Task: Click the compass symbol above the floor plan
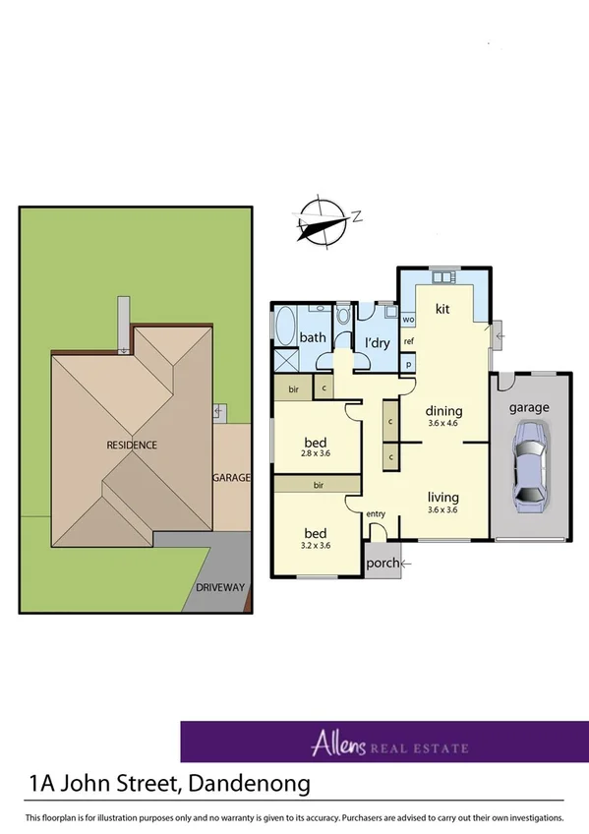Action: pyautogui.click(x=324, y=220)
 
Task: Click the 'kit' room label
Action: pyautogui.click(x=442, y=309)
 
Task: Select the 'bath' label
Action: pyautogui.click(x=313, y=337)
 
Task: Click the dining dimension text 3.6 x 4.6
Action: pyautogui.click(x=442, y=424)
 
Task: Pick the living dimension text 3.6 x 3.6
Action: pyautogui.click(x=442, y=509)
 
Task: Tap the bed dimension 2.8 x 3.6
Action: pyautogui.click(x=317, y=453)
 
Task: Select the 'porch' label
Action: pyautogui.click(x=381, y=564)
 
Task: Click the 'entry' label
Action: pyautogui.click(x=376, y=514)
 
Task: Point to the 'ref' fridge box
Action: pyautogui.click(x=409, y=341)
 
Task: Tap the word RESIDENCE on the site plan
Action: pyautogui.click(x=132, y=445)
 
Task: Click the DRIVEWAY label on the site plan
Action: pyautogui.click(x=219, y=587)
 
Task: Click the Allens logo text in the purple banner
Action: pyautogui.click(x=337, y=743)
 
